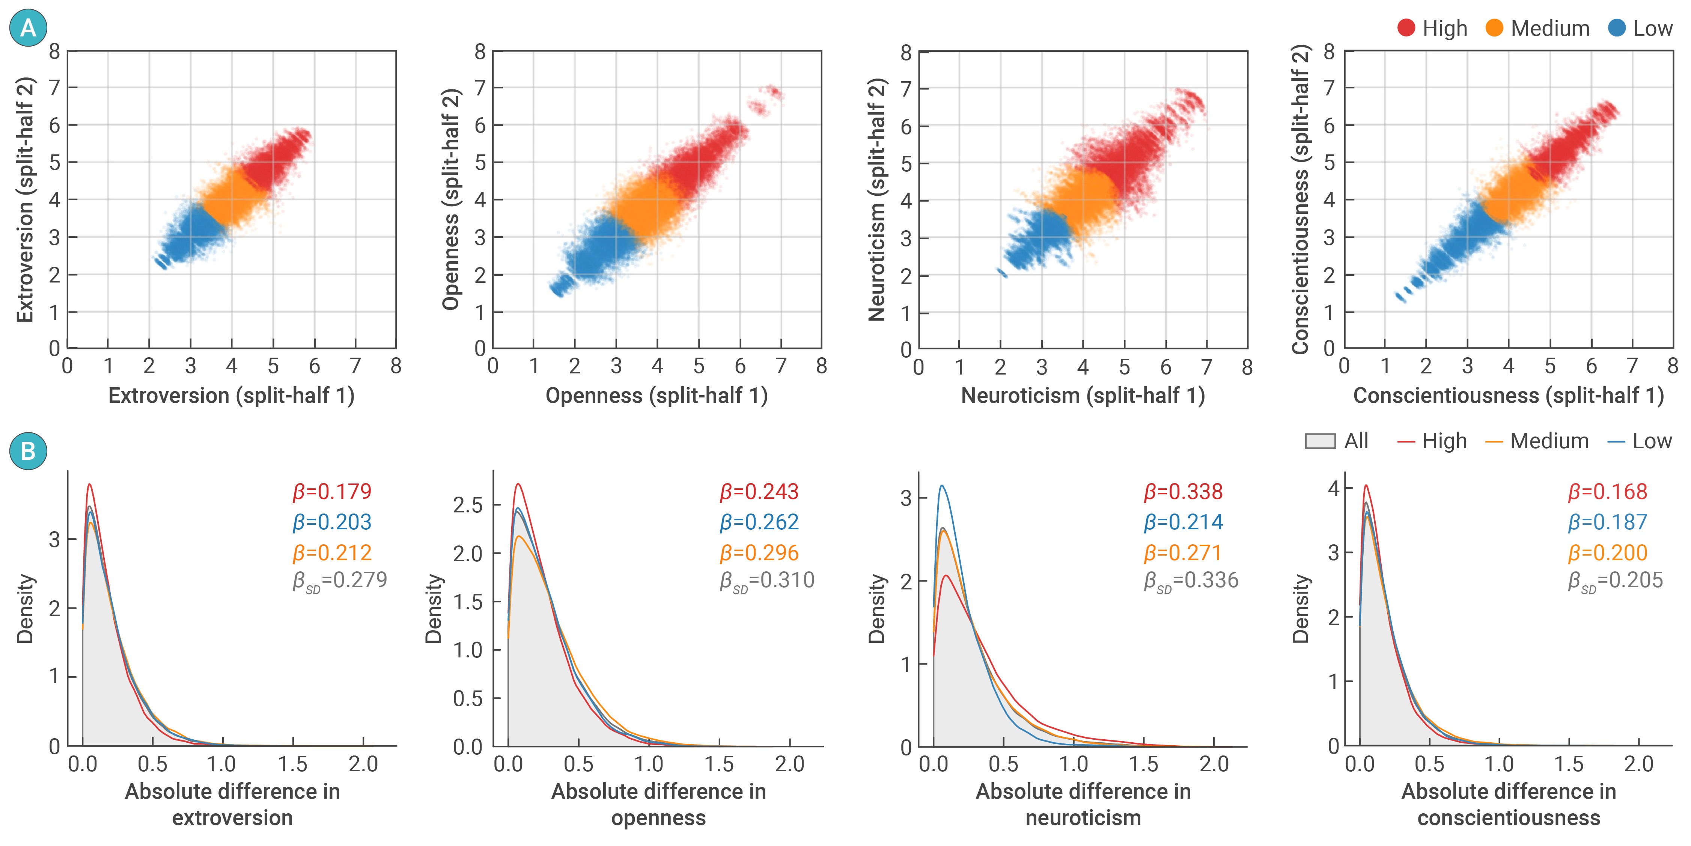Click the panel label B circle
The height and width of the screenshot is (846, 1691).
[x=28, y=451]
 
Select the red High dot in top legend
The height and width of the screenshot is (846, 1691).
[x=1406, y=28]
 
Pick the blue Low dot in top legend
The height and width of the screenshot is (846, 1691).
[x=1617, y=28]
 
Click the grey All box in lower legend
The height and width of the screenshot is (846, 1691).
[x=1320, y=441]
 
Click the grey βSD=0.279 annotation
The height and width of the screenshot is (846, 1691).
[x=339, y=581]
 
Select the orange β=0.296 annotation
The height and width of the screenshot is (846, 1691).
[x=759, y=552]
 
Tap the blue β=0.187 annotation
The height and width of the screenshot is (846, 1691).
[x=1608, y=522]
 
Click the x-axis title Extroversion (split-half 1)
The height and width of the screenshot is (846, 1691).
[x=231, y=396]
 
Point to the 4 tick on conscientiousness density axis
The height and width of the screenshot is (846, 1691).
[x=1333, y=488]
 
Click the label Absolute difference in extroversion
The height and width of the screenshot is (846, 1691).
[x=232, y=804]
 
